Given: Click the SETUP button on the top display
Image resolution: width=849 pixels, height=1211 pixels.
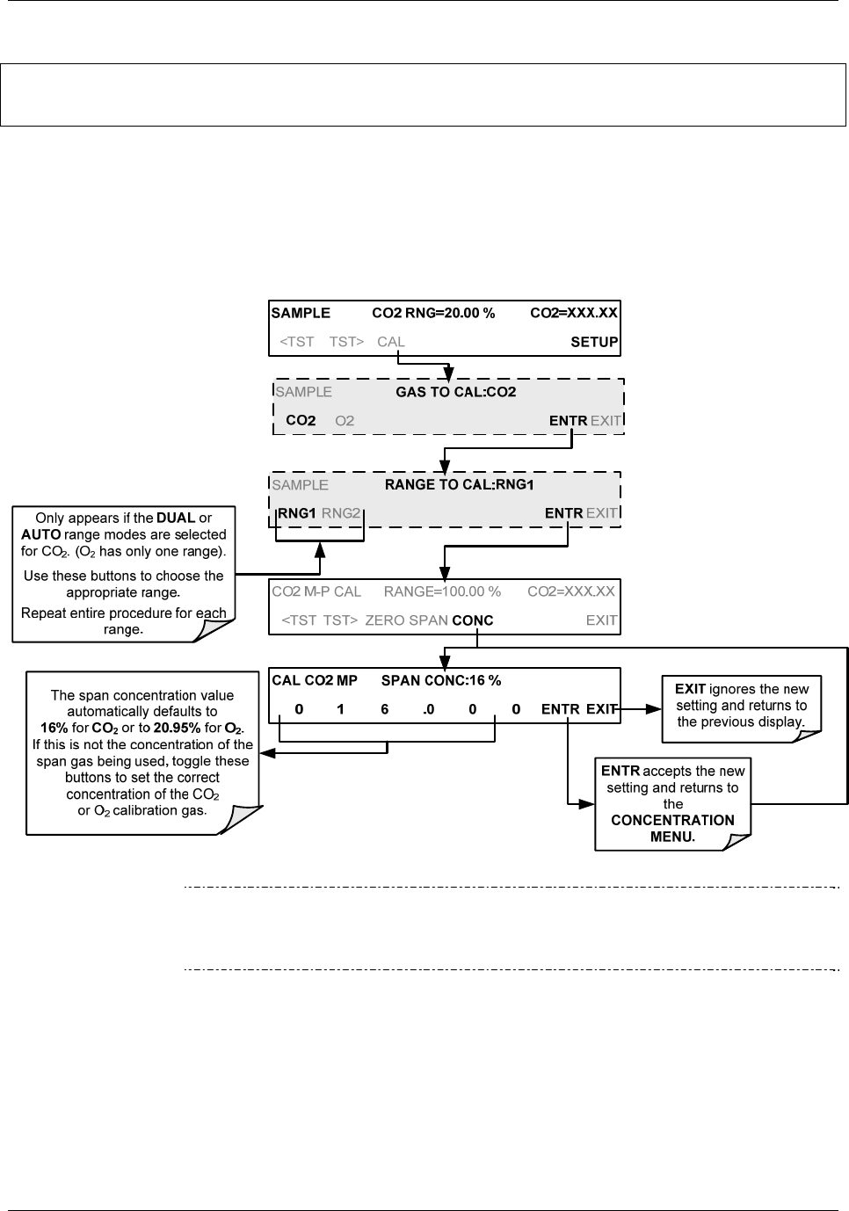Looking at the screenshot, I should [594, 342].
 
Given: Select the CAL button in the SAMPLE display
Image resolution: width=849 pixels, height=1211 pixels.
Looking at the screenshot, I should [391, 342].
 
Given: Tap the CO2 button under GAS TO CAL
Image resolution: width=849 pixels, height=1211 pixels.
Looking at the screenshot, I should [301, 421].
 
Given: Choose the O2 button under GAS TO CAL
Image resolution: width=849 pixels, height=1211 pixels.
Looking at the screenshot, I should [345, 421].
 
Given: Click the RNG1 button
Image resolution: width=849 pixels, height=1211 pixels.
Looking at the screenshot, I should [297, 513].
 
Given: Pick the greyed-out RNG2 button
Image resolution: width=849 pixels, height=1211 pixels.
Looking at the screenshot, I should [341, 513].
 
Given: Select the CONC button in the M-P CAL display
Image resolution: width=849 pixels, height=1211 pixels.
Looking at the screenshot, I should [473, 620].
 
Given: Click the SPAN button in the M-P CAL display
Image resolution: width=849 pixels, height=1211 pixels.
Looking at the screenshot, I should [428, 620].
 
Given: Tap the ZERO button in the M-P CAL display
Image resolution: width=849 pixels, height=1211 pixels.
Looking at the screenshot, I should [385, 620].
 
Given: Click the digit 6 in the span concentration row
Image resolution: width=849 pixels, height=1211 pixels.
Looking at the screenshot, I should [385, 709].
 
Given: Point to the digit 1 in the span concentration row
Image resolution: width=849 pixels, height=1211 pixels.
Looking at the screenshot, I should [341, 709].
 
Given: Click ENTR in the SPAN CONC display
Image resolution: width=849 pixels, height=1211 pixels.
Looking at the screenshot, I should [560, 709].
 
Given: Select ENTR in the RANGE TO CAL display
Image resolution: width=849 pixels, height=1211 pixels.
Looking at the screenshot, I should [563, 513].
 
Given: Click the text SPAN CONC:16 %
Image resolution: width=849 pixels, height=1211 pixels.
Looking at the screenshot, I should [441, 681].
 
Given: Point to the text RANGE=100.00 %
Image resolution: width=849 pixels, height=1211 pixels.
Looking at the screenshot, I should [442, 591].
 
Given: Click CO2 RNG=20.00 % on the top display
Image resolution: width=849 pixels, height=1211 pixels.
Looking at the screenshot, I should [433, 313].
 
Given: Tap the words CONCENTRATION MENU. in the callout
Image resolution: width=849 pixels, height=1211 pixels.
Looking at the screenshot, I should [672, 829].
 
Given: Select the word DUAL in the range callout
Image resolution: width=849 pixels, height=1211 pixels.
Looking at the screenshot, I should [176, 518].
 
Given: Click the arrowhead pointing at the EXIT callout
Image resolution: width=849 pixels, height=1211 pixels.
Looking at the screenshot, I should [654, 708].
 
